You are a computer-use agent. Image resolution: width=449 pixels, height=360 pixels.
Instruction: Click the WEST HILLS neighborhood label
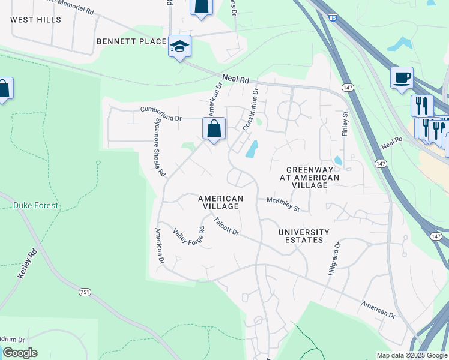tap(36, 20)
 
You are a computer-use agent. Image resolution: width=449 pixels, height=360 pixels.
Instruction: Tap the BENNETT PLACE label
tap(131, 41)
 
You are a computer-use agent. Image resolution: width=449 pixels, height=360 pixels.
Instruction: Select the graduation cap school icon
tap(179, 46)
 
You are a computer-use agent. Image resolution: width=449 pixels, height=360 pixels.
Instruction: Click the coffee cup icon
tap(402, 77)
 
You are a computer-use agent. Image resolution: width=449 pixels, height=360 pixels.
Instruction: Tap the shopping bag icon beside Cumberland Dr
tap(214, 128)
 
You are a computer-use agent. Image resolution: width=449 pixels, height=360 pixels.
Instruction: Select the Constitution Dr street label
tap(250, 110)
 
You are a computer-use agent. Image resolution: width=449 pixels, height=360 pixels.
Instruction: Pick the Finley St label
tap(345, 122)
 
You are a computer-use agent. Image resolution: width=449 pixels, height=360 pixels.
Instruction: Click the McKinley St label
tap(283, 205)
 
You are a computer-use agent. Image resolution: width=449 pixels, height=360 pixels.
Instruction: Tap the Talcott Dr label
tap(226, 227)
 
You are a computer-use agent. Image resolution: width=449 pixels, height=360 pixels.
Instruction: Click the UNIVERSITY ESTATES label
tap(304, 236)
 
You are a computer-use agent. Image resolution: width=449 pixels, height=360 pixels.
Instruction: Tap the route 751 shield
tap(85, 292)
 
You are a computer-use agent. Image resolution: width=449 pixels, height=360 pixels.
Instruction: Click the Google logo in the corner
tap(20, 353)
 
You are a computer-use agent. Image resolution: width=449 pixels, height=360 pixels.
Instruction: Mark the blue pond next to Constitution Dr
tap(252, 148)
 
